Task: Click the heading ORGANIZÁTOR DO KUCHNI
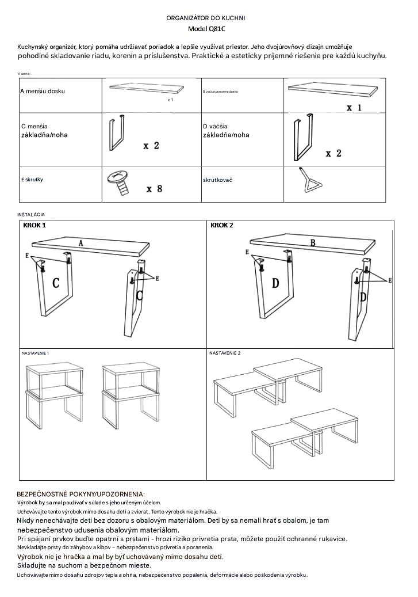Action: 206,18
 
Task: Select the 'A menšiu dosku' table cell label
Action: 43,92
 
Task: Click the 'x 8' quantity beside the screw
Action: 154,189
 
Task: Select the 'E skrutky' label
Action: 32,180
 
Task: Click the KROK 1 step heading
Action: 34,225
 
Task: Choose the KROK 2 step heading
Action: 222,225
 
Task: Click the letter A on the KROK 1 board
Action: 81,243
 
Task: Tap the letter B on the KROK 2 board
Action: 313,242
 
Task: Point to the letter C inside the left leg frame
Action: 56,283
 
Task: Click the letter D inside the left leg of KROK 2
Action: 275,283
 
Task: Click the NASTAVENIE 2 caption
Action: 225,352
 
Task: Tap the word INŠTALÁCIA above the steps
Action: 31,214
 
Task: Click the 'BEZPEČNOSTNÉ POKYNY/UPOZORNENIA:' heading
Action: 80,494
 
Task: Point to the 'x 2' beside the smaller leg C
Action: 151,146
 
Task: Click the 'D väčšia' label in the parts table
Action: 216,126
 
